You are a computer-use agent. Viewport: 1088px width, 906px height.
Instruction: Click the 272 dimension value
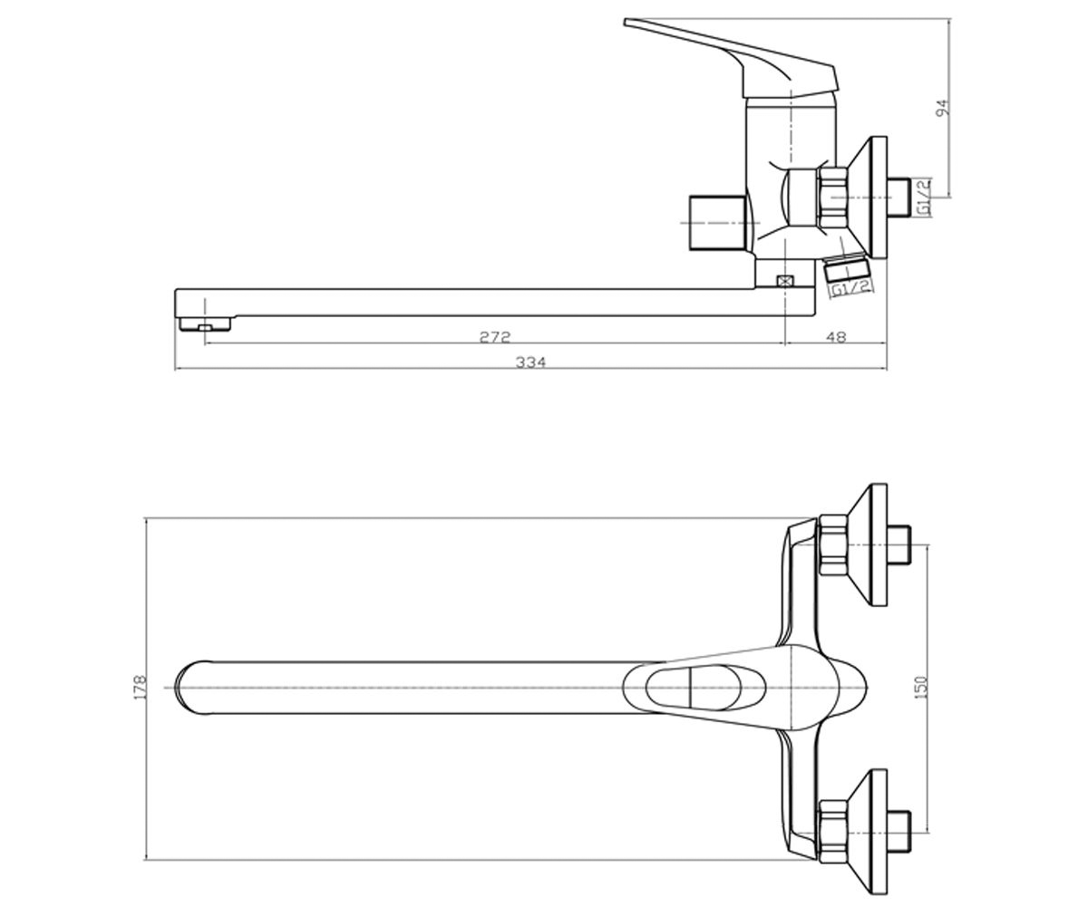[x=494, y=337]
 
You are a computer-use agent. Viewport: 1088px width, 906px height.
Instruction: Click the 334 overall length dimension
[x=530, y=361]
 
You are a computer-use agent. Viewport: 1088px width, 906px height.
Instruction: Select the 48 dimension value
[x=836, y=337]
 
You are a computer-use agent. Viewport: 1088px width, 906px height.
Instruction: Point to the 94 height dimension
[x=943, y=108]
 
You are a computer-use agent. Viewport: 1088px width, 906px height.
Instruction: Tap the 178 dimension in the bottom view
[x=141, y=687]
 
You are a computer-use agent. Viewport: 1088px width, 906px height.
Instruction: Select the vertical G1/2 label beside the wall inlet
[x=924, y=198]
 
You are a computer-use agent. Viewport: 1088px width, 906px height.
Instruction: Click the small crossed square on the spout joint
[x=783, y=281]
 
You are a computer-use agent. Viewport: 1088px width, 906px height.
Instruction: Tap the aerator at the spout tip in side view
[x=204, y=324]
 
